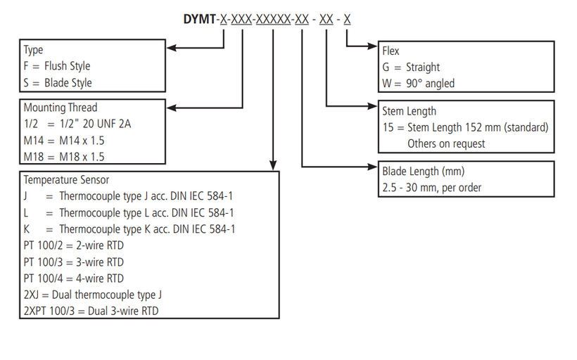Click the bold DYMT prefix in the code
[x=199, y=19]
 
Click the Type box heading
[x=33, y=50]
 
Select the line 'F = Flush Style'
[x=57, y=66]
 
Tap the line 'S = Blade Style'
[x=58, y=82]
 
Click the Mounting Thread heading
[x=61, y=108]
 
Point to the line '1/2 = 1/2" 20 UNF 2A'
[x=77, y=124]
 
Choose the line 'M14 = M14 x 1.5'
[x=64, y=141]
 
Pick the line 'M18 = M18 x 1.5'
[x=64, y=157]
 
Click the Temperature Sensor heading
[x=66, y=180]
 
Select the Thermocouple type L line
[x=129, y=212]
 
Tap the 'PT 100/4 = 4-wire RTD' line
[x=74, y=278]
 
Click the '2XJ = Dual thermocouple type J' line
[x=93, y=295]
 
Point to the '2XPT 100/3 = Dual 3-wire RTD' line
[x=91, y=311]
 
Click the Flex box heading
[x=391, y=51]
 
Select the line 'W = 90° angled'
[x=419, y=83]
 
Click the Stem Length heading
[x=410, y=111]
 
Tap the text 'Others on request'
[x=446, y=143]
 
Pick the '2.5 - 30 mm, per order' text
[x=431, y=188]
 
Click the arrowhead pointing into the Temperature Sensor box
[x=273, y=165]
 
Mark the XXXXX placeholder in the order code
[x=273, y=19]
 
